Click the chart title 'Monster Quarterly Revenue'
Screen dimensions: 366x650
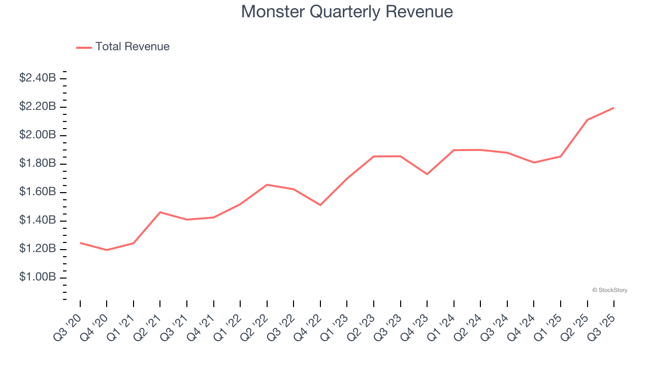[347, 12]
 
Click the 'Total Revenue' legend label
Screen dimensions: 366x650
[132, 47]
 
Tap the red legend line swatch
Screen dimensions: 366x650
[84, 47]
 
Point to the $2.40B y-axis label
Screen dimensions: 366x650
[38, 78]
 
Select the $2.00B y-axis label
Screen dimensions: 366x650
[38, 135]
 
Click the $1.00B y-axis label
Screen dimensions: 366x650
[38, 278]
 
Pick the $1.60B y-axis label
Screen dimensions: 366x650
[38, 192]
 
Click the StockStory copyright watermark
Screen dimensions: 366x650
[609, 290]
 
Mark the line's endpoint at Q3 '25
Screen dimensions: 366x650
[614, 108]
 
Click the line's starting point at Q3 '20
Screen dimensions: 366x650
[80, 243]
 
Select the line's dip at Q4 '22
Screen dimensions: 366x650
[320, 205]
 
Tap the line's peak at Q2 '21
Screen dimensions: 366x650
[160, 212]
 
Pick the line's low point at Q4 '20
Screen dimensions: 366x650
[107, 250]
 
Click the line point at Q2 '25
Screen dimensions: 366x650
[588, 120]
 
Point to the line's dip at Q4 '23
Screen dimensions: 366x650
[427, 174]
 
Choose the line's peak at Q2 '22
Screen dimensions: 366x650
[267, 185]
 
